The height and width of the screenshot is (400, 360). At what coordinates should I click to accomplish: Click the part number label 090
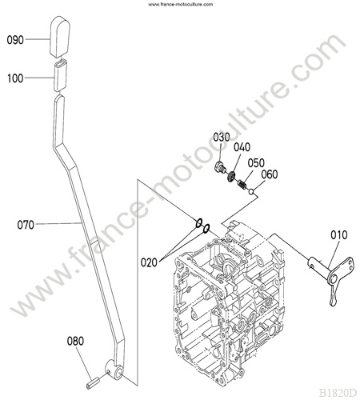(x=15, y=40)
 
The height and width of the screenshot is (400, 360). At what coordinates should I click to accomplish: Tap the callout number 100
(x=15, y=78)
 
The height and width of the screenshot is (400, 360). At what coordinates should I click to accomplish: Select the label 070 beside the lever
(x=26, y=225)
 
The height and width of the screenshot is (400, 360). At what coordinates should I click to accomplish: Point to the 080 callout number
(x=75, y=341)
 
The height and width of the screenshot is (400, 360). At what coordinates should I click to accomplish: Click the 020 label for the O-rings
(x=149, y=263)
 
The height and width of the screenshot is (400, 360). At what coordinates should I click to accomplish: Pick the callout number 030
(x=222, y=138)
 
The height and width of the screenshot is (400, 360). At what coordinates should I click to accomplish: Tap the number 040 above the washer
(x=242, y=147)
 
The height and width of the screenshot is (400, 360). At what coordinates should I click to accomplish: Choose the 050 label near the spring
(x=256, y=163)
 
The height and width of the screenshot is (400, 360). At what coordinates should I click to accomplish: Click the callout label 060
(x=270, y=174)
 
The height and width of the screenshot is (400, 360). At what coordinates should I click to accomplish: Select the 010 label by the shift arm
(x=339, y=235)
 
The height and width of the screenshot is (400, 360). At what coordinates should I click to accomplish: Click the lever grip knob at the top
(x=60, y=37)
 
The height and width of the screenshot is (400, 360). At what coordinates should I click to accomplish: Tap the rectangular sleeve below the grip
(x=61, y=76)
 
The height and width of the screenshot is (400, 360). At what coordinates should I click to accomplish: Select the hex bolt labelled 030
(x=220, y=167)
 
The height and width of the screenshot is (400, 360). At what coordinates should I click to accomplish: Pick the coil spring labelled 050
(x=242, y=185)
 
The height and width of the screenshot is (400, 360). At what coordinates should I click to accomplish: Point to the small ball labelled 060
(x=250, y=191)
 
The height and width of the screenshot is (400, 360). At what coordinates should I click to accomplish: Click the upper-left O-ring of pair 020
(x=199, y=223)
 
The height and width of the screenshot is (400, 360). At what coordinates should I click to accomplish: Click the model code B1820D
(x=338, y=392)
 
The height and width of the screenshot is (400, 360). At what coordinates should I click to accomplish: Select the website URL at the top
(x=181, y=4)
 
